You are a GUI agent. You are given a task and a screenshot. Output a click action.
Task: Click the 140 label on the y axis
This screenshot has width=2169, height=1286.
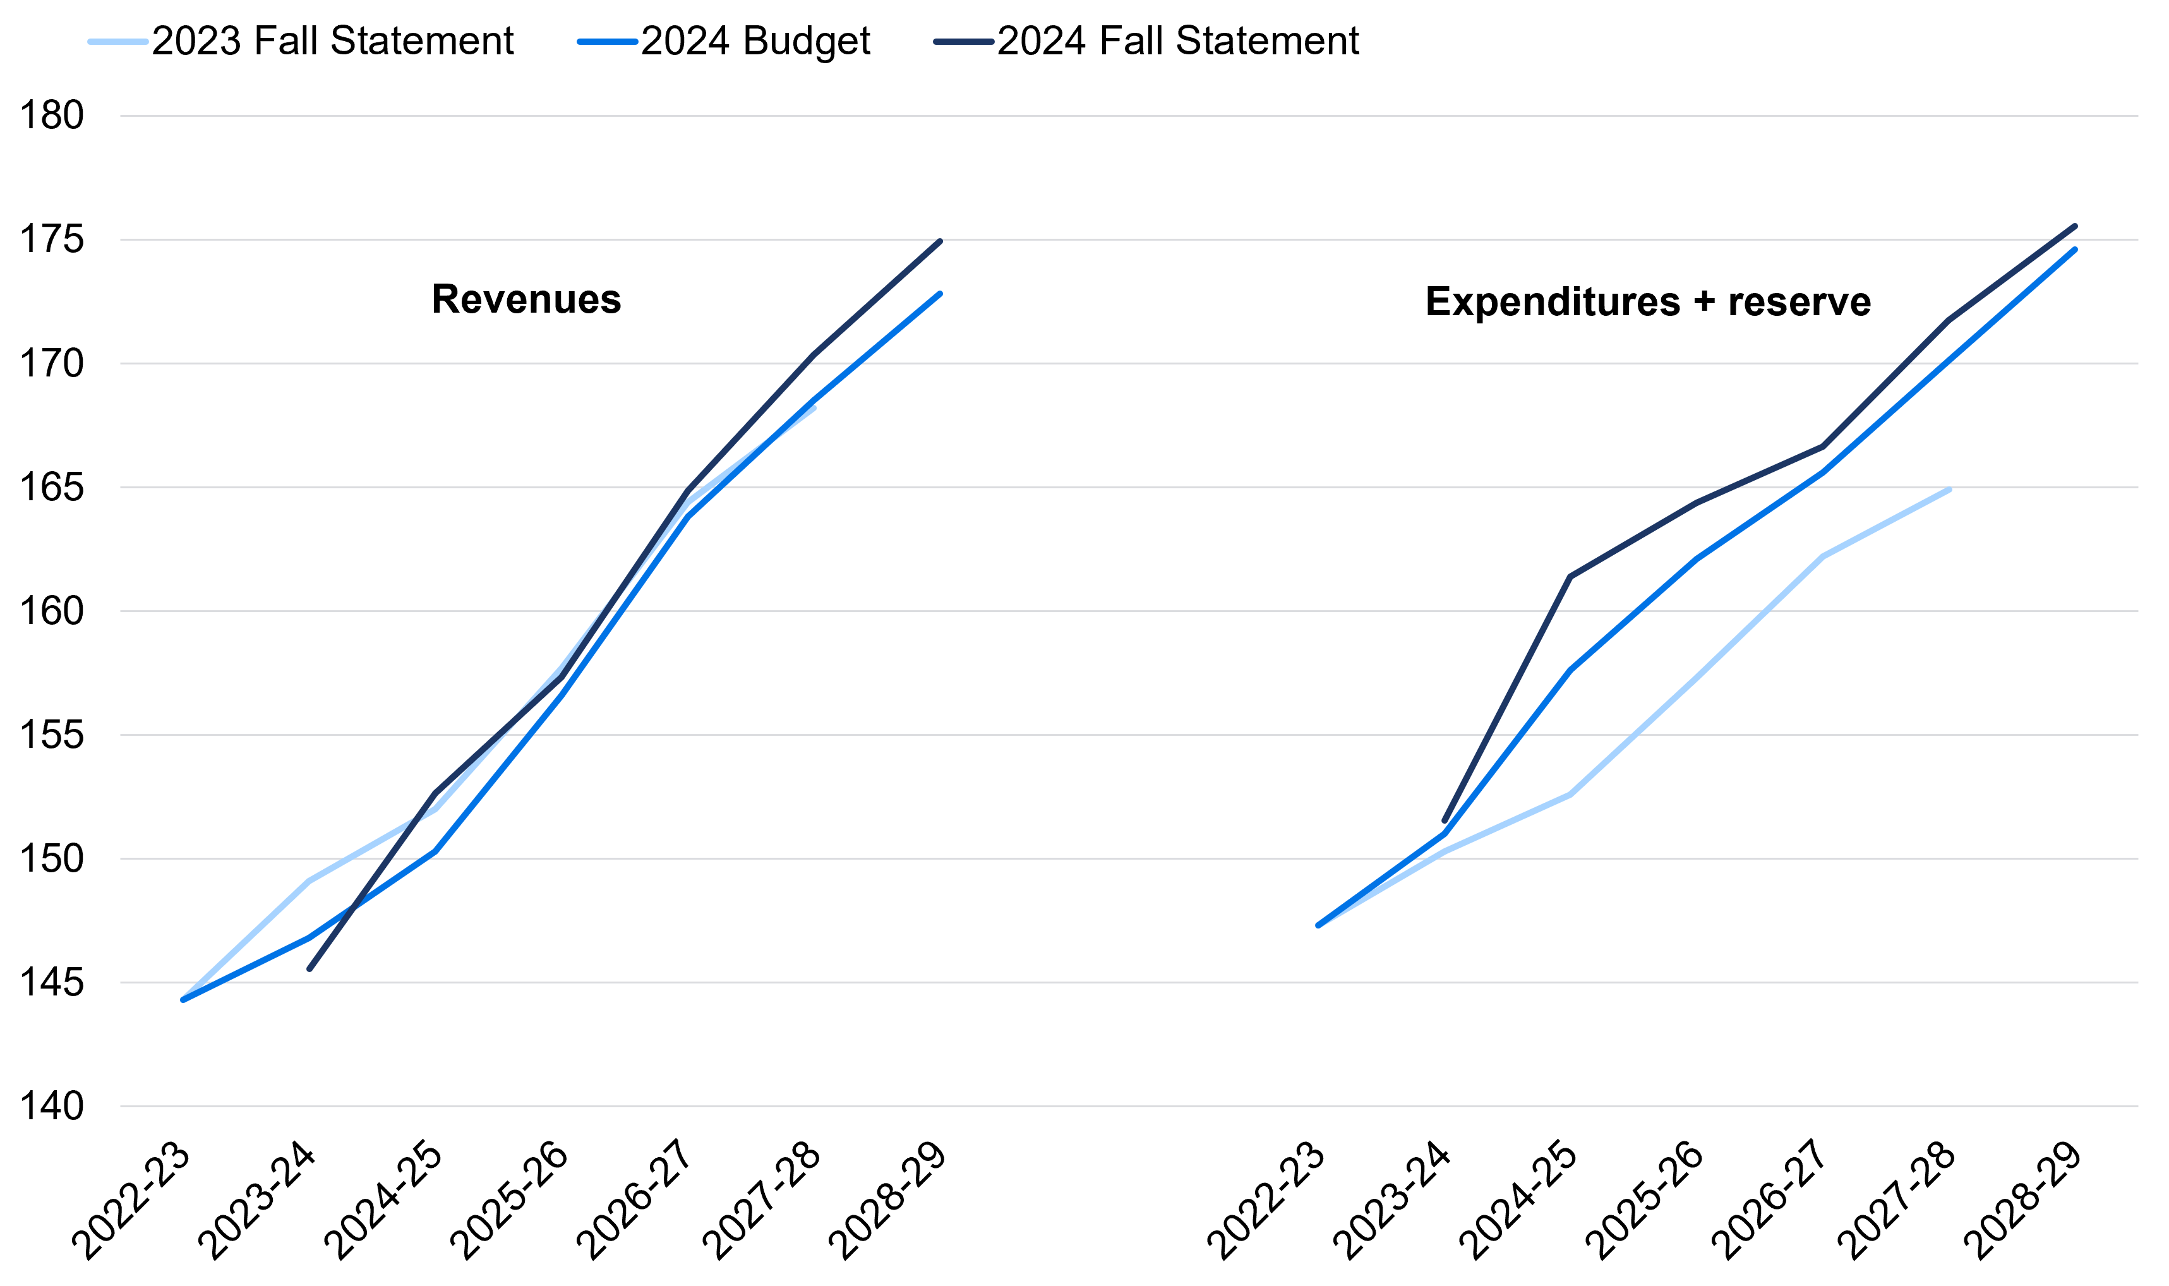[51, 1107]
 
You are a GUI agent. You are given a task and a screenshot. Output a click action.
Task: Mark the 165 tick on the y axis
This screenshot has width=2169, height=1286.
[51, 488]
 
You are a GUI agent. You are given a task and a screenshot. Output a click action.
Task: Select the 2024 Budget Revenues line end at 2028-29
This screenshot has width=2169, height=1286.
[940, 294]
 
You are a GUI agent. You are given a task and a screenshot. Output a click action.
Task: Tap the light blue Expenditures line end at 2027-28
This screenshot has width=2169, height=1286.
[1949, 490]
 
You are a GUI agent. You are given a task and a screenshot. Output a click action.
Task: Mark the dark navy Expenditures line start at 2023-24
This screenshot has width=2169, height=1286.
[1444, 820]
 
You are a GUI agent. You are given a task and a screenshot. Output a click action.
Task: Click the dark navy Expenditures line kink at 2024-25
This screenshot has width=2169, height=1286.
[1570, 576]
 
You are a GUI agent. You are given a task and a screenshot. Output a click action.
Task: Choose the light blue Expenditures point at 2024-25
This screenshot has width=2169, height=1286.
[1570, 794]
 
